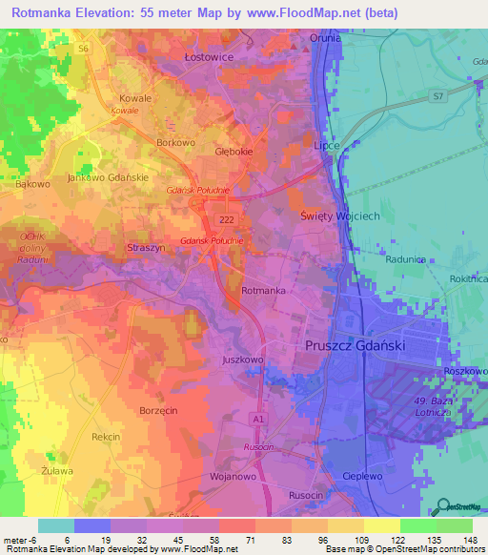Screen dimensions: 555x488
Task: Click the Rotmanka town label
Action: [x=264, y=290]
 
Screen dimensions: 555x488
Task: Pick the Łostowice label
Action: [x=208, y=57]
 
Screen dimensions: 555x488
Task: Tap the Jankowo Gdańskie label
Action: [x=108, y=178]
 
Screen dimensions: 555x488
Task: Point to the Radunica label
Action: [x=405, y=258]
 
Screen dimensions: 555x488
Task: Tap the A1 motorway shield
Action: [x=258, y=418]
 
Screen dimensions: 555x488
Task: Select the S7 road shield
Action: [x=437, y=96]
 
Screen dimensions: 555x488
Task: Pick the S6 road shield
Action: [x=84, y=48]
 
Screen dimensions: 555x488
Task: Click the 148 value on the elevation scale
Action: [x=471, y=539]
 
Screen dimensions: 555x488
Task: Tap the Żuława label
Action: [x=58, y=469]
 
